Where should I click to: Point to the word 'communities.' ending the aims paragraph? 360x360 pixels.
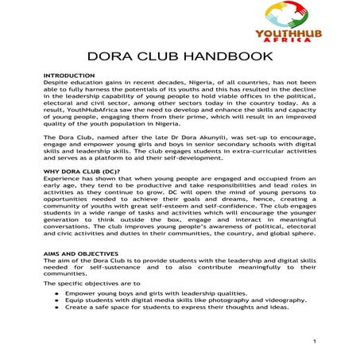pyautogui.click(x=66, y=272)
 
